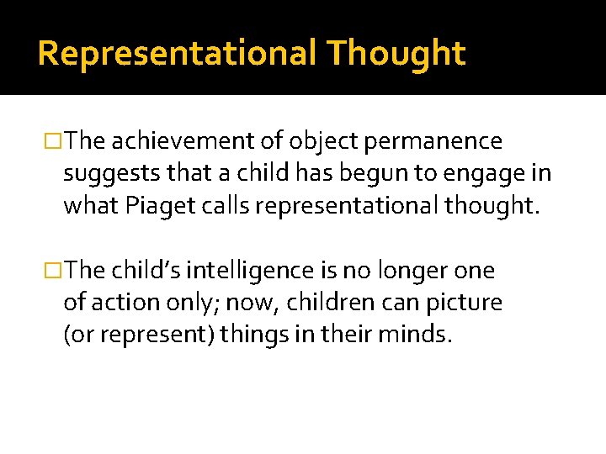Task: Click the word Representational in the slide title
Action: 177,53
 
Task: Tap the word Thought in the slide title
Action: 396,53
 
